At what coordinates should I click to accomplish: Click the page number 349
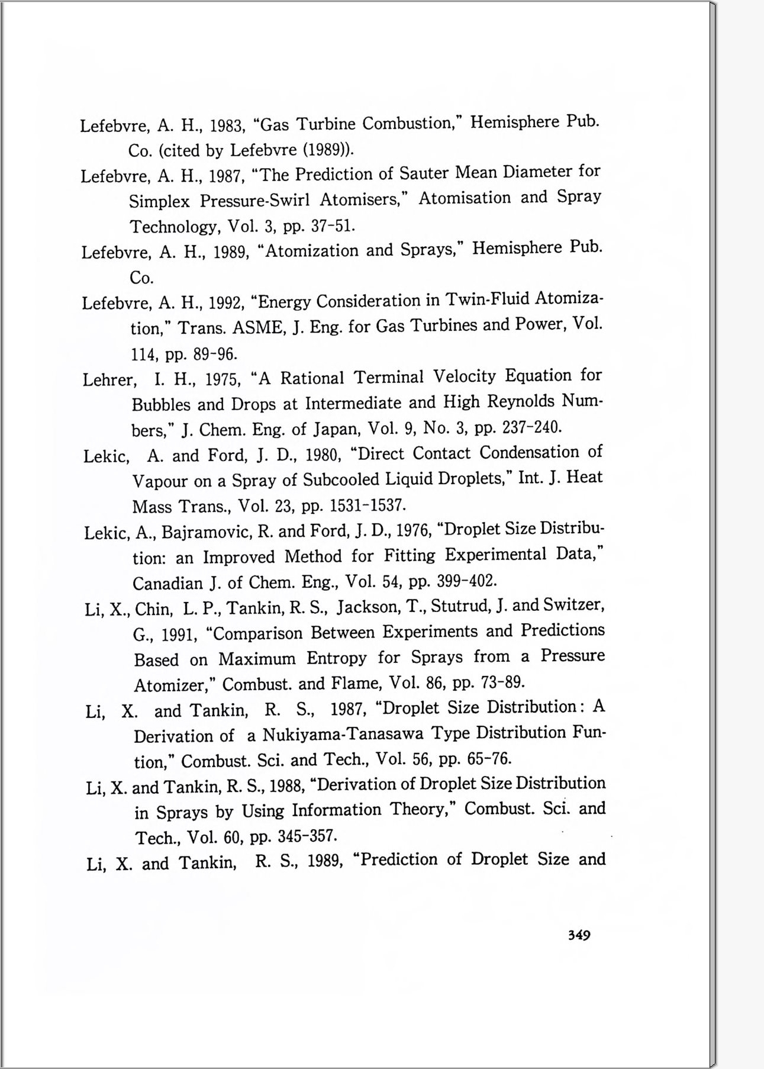(579, 935)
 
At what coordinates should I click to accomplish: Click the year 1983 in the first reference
(228, 126)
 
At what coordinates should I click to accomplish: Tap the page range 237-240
(531, 427)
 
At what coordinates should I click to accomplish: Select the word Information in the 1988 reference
(336, 810)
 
